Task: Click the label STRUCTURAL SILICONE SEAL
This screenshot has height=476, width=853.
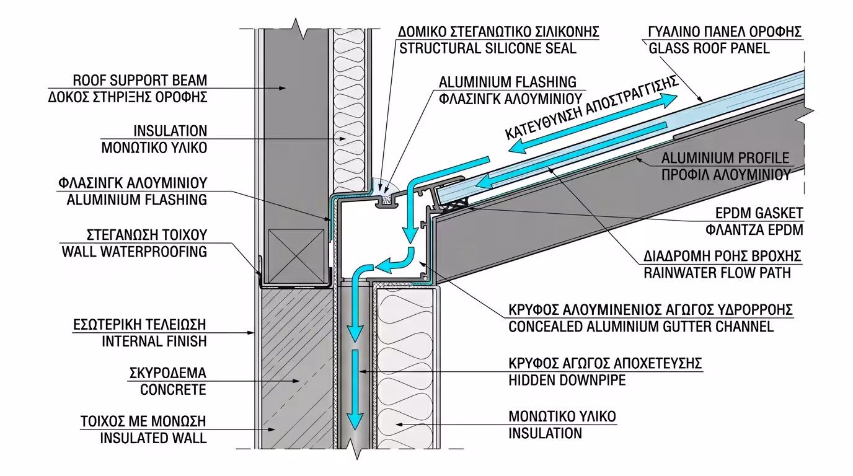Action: [487, 48]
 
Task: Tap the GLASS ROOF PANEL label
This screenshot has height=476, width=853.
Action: [709, 48]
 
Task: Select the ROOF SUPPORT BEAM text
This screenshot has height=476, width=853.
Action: [140, 81]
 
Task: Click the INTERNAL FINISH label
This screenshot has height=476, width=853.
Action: [153, 341]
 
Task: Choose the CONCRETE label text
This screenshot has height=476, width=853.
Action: [173, 390]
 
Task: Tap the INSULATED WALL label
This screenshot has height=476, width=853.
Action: [153, 438]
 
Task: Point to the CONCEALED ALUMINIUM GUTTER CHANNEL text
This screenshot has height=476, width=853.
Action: [641, 327]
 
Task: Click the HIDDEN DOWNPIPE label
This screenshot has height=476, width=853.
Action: [567, 380]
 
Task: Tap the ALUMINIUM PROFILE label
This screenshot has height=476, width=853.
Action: [725, 157]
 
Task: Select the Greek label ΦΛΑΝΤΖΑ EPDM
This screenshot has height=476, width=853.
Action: [759, 229]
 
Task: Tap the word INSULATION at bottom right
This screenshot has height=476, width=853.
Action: [546, 433]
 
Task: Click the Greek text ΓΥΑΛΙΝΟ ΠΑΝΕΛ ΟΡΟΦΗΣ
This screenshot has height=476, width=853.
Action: [725, 31]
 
